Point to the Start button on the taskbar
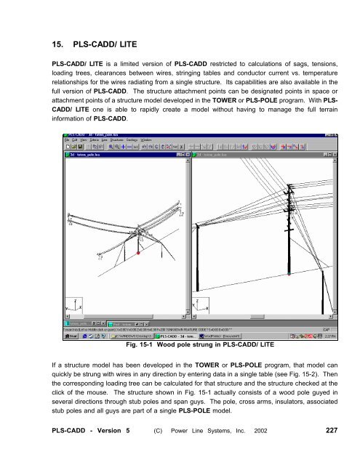(x=72, y=336)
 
